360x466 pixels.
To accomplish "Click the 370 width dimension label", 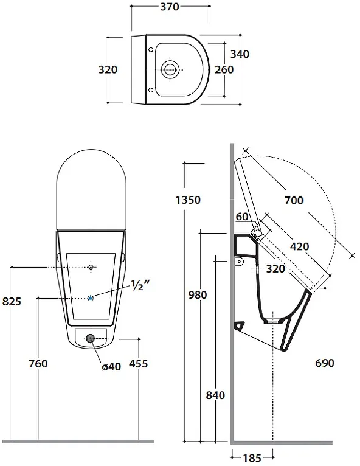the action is click(x=170, y=7).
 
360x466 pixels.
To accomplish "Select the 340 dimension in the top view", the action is click(x=240, y=54).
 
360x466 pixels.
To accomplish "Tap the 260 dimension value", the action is click(x=224, y=69).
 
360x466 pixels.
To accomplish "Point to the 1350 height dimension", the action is click(x=188, y=200).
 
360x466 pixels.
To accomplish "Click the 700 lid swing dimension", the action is click(x=294, y=200).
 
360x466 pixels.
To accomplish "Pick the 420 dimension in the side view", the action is click(x=299, y=246).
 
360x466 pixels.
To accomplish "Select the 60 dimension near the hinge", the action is click(x=242, y=217).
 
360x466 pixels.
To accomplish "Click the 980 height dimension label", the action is click(x=198, y=295).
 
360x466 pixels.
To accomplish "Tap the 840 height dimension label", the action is click(x=215, y=395).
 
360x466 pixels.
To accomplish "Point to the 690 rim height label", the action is click(x=325, y=363).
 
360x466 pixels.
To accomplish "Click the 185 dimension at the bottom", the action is click(x=252, y=458).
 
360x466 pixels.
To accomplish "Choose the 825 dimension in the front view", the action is click(x=12, y=301).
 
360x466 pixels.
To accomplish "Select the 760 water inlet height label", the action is click(x=38, y=363).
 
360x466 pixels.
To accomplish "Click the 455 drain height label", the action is click(x=139, y=363).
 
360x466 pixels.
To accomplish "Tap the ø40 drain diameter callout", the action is click(x=111, y=367).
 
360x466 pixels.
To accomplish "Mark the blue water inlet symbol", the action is click(x=91, y=297).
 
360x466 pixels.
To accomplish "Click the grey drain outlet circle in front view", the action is click(x=90, y=338).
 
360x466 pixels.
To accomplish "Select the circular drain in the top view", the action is click(x=170, y=70).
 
